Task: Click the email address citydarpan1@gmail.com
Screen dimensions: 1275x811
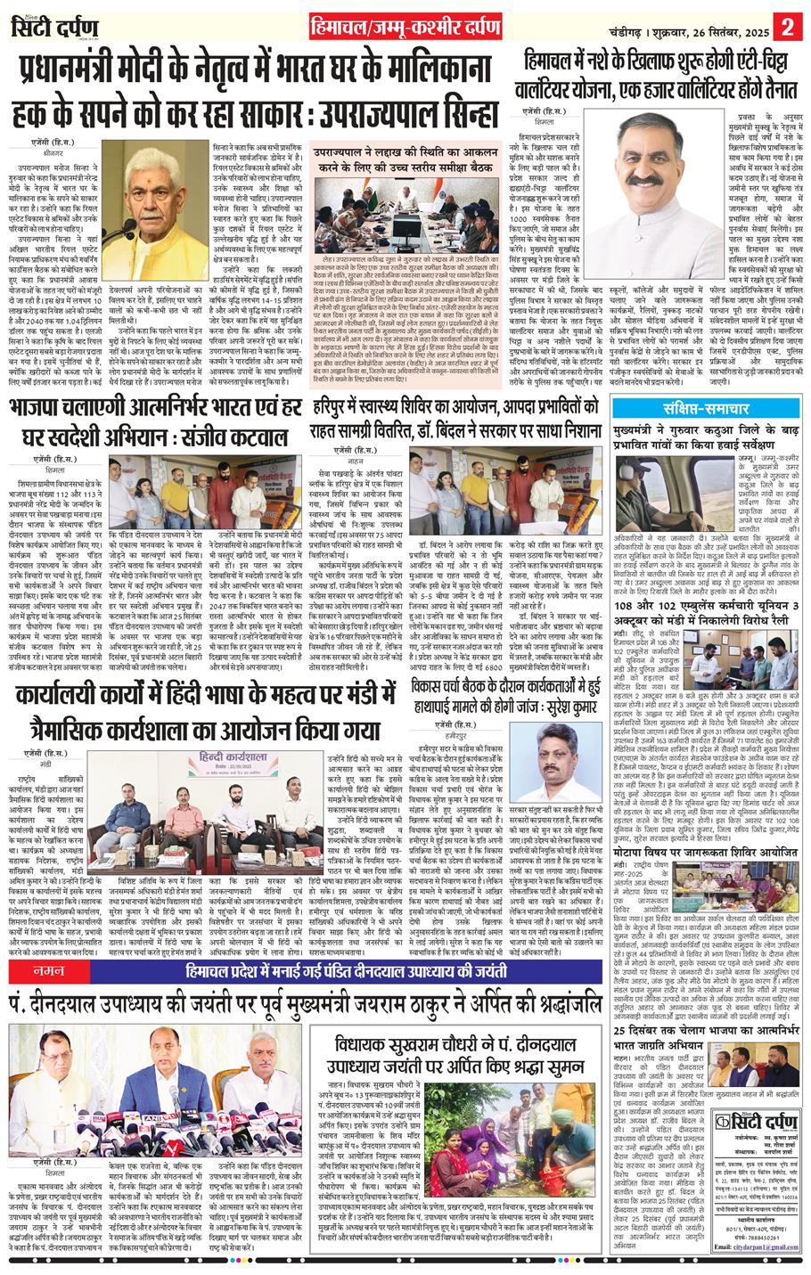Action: [762, 1263]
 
